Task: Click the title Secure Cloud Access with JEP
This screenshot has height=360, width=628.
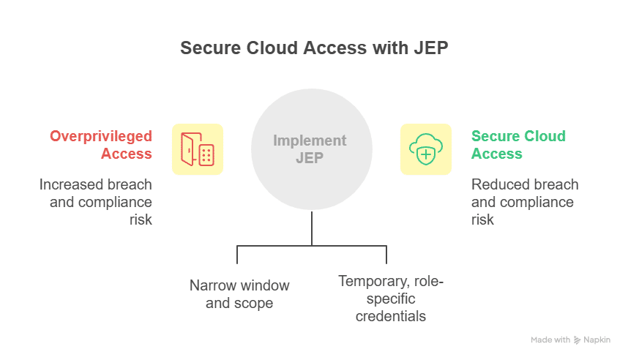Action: pyautogui.click(x=313, y=48)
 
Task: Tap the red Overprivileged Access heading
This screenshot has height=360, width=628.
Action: pyautogui.click(x=101, y=145)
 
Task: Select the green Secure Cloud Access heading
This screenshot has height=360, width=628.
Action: pyautogui.click(x=518, y=145)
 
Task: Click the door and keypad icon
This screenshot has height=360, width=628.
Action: pyautogui.click(x=198, y=149)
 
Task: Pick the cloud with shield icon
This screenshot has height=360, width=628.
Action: pyautogui.click(x=426, y=149)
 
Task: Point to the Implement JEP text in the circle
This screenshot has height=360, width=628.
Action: pyautogui.click(x=310, y=149)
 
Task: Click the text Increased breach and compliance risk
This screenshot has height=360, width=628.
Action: pyautogui.click(x=96, y=201)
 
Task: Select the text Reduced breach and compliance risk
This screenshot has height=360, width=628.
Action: pyautogui.click(x=525, y=201)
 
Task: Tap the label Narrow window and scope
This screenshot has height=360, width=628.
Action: pyautogui.click(x=239, y=293)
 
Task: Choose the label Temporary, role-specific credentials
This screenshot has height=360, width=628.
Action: pyautogui.click(x=391, y=298)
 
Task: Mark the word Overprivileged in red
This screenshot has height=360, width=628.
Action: pyautogui.click(x=101, y=136)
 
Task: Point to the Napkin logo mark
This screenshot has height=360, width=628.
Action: pyautogui.click(x=577, y=340)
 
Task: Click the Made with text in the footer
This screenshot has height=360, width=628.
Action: pyautogui.click(x=550, y=340)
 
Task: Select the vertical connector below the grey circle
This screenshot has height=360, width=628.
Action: pyautogui.click(x=312, y=228)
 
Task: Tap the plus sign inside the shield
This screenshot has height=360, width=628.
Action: pyautogui.click(x=426, y=155)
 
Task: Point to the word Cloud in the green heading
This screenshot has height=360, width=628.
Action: pyautogui.click(x=542, y=136)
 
